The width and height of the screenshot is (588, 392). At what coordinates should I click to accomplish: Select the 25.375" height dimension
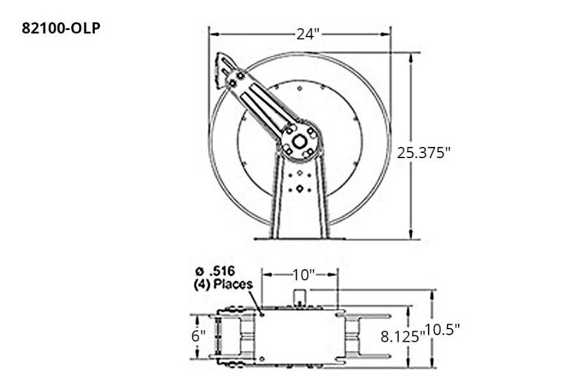pyautogui.click(x=424, y=152)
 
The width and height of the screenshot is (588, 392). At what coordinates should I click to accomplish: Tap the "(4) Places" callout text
pyautogui.click(x=223, y=285)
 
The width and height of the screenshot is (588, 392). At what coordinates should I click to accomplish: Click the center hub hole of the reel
pyautogui.click(x=300, y=142)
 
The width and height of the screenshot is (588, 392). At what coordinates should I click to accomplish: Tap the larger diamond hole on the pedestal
pyautogui.click(x=300, y=189)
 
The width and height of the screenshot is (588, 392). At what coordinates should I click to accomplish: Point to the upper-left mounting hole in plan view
pyautogui.click(x=261, y=314)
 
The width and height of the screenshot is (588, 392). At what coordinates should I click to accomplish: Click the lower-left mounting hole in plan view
pyautogui.click(x=261, y=357)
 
